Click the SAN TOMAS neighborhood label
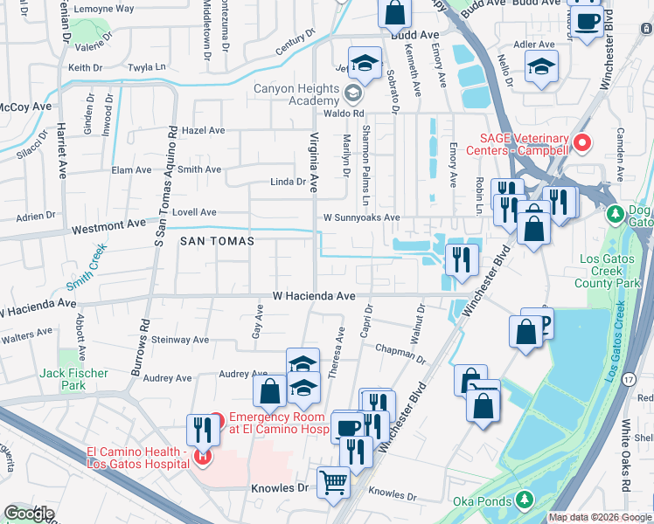[218, 240]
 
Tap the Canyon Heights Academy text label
[296, 94]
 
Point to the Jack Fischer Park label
[74, 379]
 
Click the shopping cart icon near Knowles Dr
[333, 481]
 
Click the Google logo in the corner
[29, 514]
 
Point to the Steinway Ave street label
[180, 339]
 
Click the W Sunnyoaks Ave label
[361, 217]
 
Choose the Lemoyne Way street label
[104, 8]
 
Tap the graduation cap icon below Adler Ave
[541, 65]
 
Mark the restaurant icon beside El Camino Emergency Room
[201, 429]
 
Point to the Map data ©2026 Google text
[600, 517]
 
